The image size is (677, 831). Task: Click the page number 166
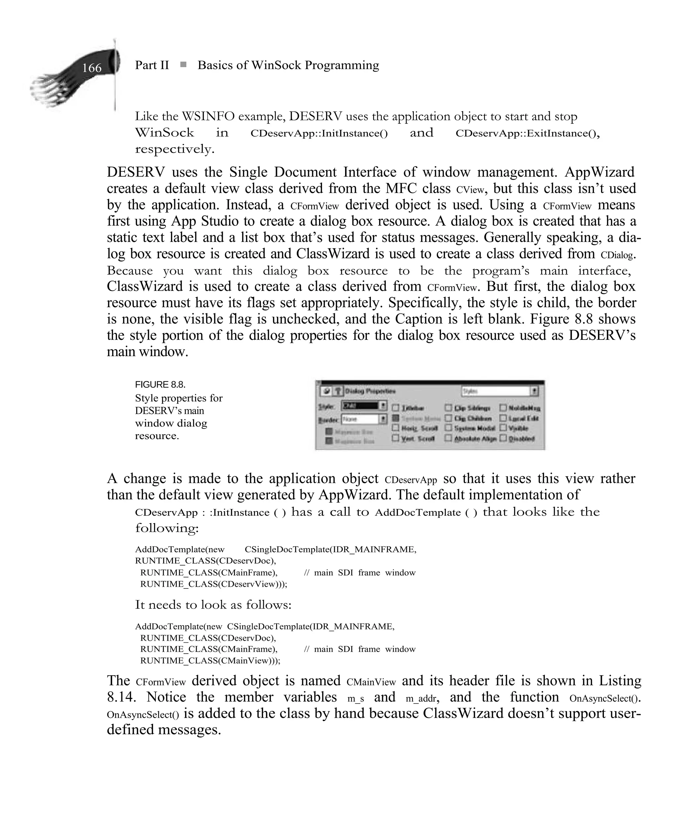(92, 68)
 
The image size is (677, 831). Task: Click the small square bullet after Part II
(183, 65)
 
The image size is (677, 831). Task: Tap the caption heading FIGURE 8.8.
(160, 385)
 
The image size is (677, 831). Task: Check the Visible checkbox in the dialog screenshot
(503, 428)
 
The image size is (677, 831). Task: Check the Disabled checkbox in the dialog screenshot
(503, 438)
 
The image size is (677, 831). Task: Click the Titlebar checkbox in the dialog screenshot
(396, 408)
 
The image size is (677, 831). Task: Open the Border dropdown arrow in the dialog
(383, 419)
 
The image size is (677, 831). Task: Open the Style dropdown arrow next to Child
(383, 406)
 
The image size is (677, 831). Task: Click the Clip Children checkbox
(449, 418)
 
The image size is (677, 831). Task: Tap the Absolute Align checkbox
(449, 438)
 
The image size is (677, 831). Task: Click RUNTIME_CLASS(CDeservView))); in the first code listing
(213, 584)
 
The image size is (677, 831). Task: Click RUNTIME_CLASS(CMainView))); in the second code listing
(210, 661)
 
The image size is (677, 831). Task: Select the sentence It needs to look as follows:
(213, 605)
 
